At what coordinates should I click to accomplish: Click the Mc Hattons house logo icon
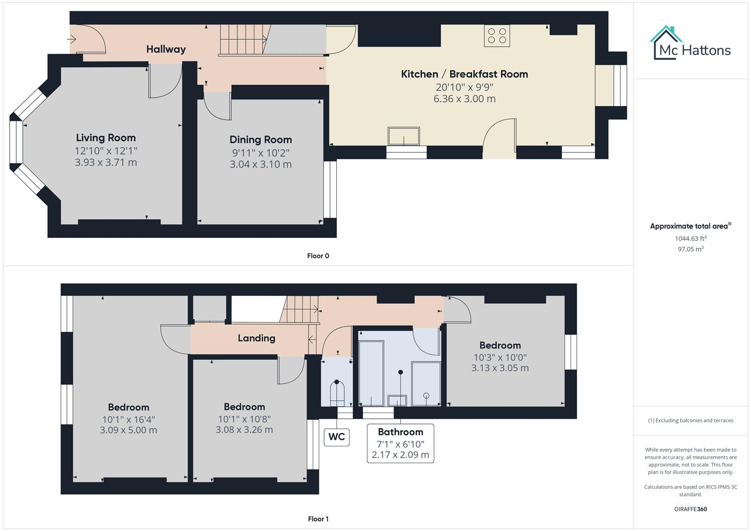coord(666,43)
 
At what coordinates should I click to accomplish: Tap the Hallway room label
coord(166,49)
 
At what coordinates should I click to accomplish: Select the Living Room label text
coord(106,138)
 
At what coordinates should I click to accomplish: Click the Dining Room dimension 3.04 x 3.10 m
coord(261,164)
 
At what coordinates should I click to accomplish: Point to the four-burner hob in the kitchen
coord(497,35)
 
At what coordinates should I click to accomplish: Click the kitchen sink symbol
coord(404,136)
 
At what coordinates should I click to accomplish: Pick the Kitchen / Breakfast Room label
coord(464,74)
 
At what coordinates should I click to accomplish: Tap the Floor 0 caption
coord(318,256)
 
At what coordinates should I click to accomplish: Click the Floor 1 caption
coord(318,519)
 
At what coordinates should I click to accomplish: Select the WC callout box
coord(336,437)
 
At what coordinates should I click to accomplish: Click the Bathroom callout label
coord(400,432)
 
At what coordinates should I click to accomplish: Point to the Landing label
coord(256,338)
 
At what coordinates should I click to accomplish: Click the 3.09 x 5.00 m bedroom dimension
coord(128,430)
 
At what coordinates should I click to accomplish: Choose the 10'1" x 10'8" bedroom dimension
coord(244,419)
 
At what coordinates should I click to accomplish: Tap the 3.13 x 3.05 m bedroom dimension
coord(500,368)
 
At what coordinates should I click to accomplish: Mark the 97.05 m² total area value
coord(691,249)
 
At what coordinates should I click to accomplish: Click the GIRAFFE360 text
coord(691,509)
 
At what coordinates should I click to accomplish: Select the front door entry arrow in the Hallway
coord(73,38)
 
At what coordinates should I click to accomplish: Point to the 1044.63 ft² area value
coord(691,238)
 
